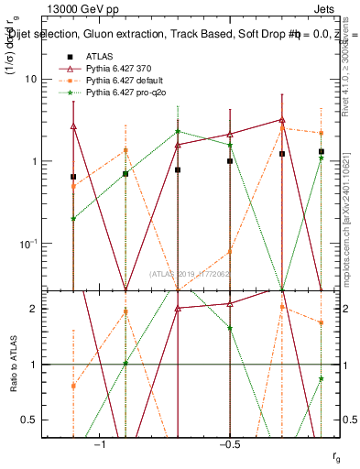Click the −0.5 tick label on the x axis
[229, 444]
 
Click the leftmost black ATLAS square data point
[73, 176]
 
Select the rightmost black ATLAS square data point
[322, 151]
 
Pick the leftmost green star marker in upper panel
[73, 219]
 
